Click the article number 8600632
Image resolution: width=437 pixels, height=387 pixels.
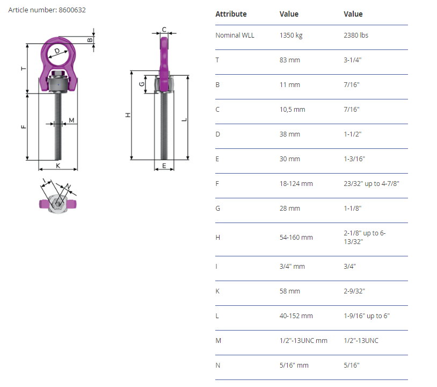coord(72,10)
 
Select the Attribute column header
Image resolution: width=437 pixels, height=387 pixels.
coord(231,14)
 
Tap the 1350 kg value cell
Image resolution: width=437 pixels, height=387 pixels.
coord(291,35)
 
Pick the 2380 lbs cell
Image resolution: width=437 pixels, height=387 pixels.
coord(356,35)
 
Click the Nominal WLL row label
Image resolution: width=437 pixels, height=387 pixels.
coord(235,35)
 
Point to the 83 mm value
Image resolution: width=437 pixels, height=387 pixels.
coord(289,60)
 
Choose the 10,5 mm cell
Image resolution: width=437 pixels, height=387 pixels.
coord(293,110)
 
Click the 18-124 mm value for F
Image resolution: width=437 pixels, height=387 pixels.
coord(296,184)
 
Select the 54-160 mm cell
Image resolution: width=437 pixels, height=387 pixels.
coord(296,238)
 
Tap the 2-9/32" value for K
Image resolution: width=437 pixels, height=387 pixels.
coord(354,291)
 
